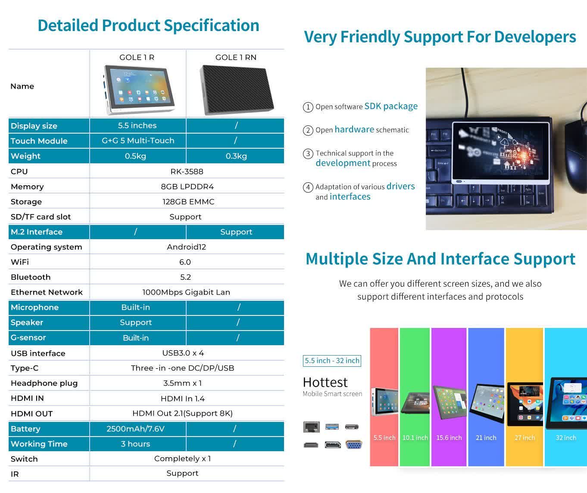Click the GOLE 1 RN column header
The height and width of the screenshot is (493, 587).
click(236, 57)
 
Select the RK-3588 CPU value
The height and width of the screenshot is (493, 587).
click(187, 172)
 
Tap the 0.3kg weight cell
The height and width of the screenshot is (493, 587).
click(236, 156)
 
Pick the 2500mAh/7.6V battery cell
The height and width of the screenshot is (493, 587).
click(135, 429)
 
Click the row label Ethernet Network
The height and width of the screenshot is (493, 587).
click(47, 292)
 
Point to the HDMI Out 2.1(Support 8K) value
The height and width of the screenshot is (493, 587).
click(182, 413)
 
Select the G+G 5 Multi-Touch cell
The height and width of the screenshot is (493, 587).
click(138, 140)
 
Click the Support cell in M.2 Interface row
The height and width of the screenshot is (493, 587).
click(236, 232)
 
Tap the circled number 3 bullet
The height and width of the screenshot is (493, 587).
click(308, 153)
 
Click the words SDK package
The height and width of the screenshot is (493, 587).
click(391, 106)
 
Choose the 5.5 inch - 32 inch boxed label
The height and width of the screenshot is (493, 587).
click(332, 361)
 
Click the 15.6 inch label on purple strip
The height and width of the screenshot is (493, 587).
click(449, 438)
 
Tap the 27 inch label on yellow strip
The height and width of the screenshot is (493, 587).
click(525, 438)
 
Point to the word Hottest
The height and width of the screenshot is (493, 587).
click(325, 382)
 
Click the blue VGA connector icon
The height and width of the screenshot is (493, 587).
click(354, 445)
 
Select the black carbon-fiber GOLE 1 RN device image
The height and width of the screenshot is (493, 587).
click(237, 90)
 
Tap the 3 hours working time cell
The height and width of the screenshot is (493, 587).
click(135, 444)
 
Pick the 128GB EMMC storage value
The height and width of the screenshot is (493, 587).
click(188, 202)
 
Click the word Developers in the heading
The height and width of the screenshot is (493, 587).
click(535, 37)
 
